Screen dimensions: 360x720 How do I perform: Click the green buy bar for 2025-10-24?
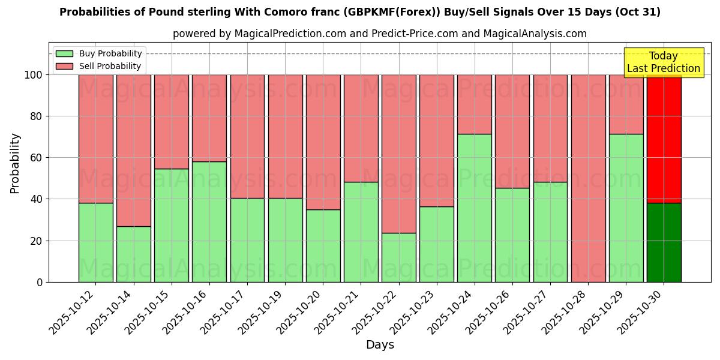coord(475,208)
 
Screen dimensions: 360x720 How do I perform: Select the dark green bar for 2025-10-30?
coord(664,242)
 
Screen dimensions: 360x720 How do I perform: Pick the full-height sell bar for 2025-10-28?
coord(589,178)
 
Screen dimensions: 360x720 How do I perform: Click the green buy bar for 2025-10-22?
coord(399,257)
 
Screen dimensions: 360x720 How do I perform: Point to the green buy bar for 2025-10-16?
coord(209,221)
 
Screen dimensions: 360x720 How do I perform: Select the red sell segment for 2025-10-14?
coord(134,151)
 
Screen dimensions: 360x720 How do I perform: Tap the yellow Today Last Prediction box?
coord(663,62)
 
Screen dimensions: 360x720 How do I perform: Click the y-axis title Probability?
coord(15,163)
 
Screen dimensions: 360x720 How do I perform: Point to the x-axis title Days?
coord(380,345)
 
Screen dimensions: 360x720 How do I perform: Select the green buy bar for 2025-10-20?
coord(323,245)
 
